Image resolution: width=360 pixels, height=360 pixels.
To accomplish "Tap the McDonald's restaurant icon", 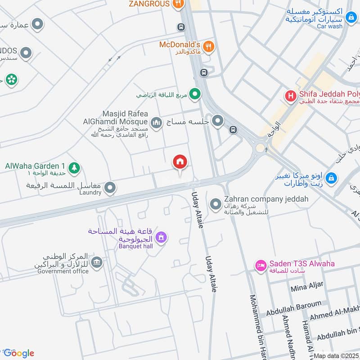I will (208, 45).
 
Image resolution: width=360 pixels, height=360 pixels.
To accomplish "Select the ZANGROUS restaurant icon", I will (178, 4).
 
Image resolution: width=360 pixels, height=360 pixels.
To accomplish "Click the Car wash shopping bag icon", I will (351, 17).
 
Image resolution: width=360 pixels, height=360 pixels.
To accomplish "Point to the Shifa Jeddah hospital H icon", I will (291, 95).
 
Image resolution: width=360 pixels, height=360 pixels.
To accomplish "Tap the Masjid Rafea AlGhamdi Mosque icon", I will (156, 122).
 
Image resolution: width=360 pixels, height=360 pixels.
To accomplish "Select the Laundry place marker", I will (110, 189).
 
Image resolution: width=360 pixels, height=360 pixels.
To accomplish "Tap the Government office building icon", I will (96, 262).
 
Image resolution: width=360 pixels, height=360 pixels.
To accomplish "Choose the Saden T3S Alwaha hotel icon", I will (260, 266).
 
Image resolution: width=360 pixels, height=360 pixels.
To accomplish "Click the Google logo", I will (19, 353).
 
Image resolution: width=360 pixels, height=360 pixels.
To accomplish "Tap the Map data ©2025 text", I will (336, 355).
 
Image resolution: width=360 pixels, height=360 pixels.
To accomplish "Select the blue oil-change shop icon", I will (331, 179).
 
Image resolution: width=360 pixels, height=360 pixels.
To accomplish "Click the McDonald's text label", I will (179, 45).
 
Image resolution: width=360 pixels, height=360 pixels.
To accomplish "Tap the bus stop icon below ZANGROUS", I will (181, 27).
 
